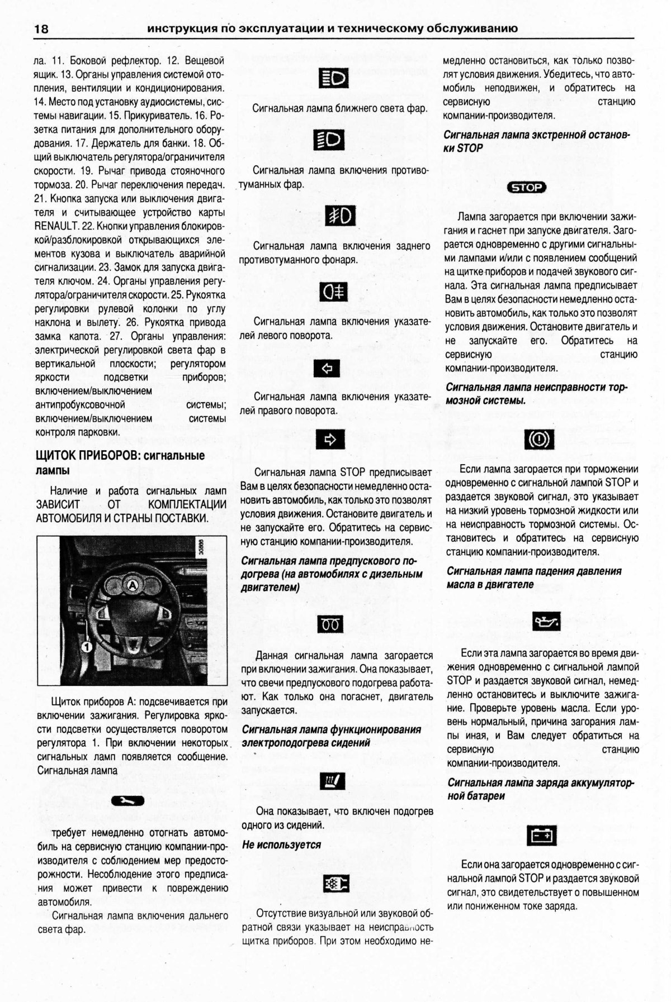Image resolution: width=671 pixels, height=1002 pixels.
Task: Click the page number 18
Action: tap(42, 28)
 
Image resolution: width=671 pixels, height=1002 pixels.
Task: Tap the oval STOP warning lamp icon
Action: tap(526, 188)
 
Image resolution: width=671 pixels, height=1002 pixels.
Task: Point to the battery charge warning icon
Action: tap(542, 836)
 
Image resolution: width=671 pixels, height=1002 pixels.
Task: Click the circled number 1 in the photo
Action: tap(86, 647)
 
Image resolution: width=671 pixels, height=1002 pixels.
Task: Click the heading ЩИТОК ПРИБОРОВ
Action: tap(86, 456)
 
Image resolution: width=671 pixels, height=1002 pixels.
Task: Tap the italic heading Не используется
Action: tap(281, 844)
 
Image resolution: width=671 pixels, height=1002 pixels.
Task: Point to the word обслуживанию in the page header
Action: tap(473, 28)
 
